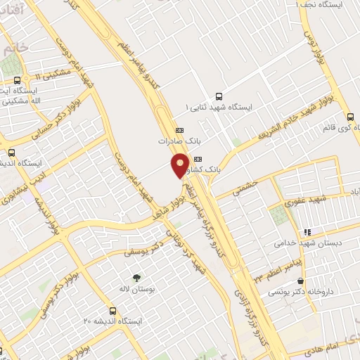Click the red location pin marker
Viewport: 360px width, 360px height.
click(180, 165)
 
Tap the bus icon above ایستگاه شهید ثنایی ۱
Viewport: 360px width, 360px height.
click(218, 96)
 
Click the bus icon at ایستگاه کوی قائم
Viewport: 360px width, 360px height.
click(350, 117)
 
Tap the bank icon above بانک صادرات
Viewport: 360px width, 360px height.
click(179, 130)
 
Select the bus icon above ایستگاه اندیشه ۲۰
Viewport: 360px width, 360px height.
click(113, 310)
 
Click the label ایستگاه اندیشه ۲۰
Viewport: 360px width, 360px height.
click(113, 321)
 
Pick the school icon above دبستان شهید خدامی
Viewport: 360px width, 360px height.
click(307, 231)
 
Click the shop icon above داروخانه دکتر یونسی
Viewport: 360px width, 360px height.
click(302, 281)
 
